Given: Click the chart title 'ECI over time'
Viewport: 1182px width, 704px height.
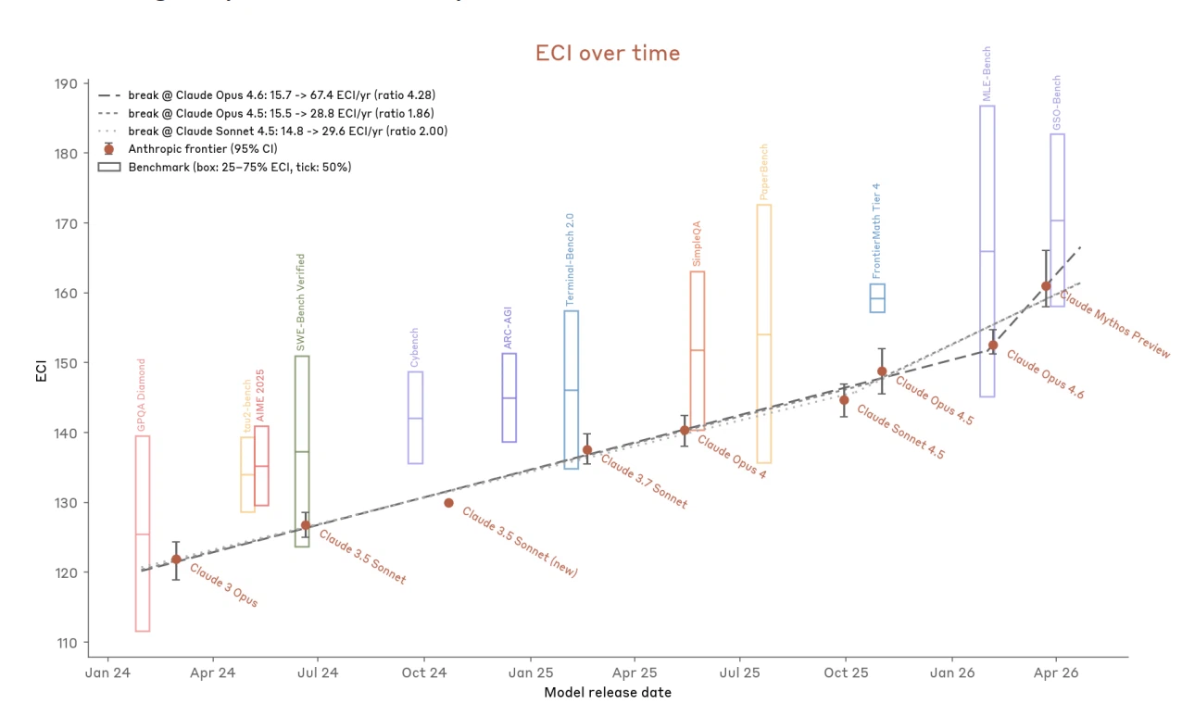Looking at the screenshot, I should [608, 54].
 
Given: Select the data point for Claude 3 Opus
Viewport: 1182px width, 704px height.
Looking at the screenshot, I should [176, 559].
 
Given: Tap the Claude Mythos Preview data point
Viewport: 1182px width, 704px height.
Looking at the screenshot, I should [1046, 286].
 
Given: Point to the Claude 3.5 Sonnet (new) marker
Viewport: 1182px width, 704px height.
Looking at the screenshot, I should [448, 503].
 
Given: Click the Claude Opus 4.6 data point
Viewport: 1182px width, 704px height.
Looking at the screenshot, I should [993, 346].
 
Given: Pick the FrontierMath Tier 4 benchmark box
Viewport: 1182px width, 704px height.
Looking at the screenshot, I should [877, 298].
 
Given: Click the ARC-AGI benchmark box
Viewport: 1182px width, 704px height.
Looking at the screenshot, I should [509, 397].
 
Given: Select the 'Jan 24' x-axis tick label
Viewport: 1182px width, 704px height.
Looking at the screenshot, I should [108, 672].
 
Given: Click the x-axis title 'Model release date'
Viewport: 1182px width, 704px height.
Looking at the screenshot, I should [608, 692].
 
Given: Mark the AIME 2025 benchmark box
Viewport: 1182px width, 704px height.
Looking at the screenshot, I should [261, 465].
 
